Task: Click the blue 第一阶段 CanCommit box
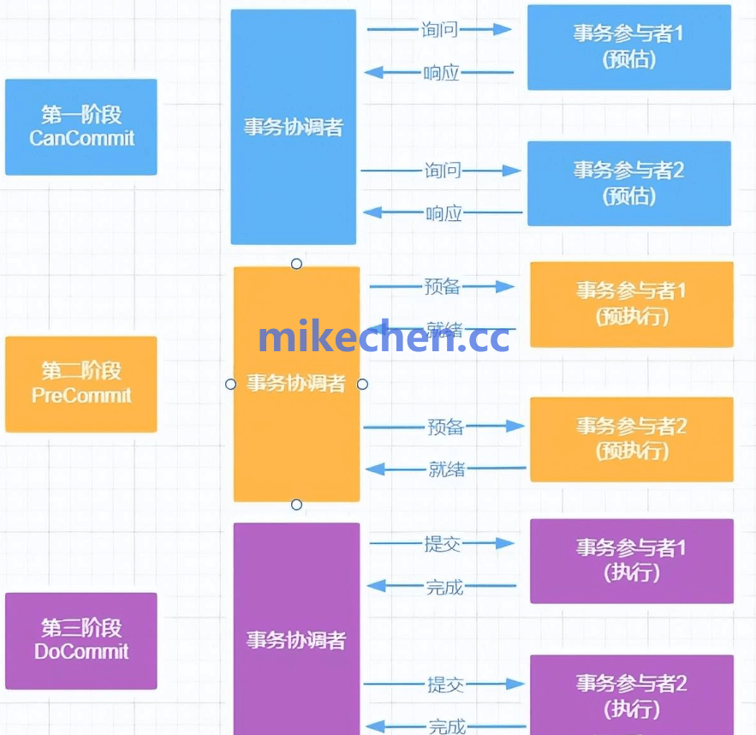[81, 127]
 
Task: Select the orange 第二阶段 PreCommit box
[81, 384]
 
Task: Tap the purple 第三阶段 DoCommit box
[81, 640]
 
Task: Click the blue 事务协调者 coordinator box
[293, 127]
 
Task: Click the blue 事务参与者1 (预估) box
[629, 47]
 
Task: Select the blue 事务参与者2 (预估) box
[629, 183]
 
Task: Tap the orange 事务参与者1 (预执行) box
[632, 304]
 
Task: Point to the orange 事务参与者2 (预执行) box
[632, 439]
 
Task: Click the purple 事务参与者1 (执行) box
[632, 560]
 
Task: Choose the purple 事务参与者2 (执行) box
[632, 696]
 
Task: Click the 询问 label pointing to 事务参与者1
[440, 30]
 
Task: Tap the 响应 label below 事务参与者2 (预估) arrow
[443, 213]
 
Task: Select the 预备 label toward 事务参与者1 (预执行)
[443, 287]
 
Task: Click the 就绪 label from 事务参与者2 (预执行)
[447, 469]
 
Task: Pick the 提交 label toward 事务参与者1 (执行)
[443, 543]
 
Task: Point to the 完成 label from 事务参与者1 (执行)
[444, 588]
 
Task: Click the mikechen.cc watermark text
[384, 338]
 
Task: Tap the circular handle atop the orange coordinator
[296, 264]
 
